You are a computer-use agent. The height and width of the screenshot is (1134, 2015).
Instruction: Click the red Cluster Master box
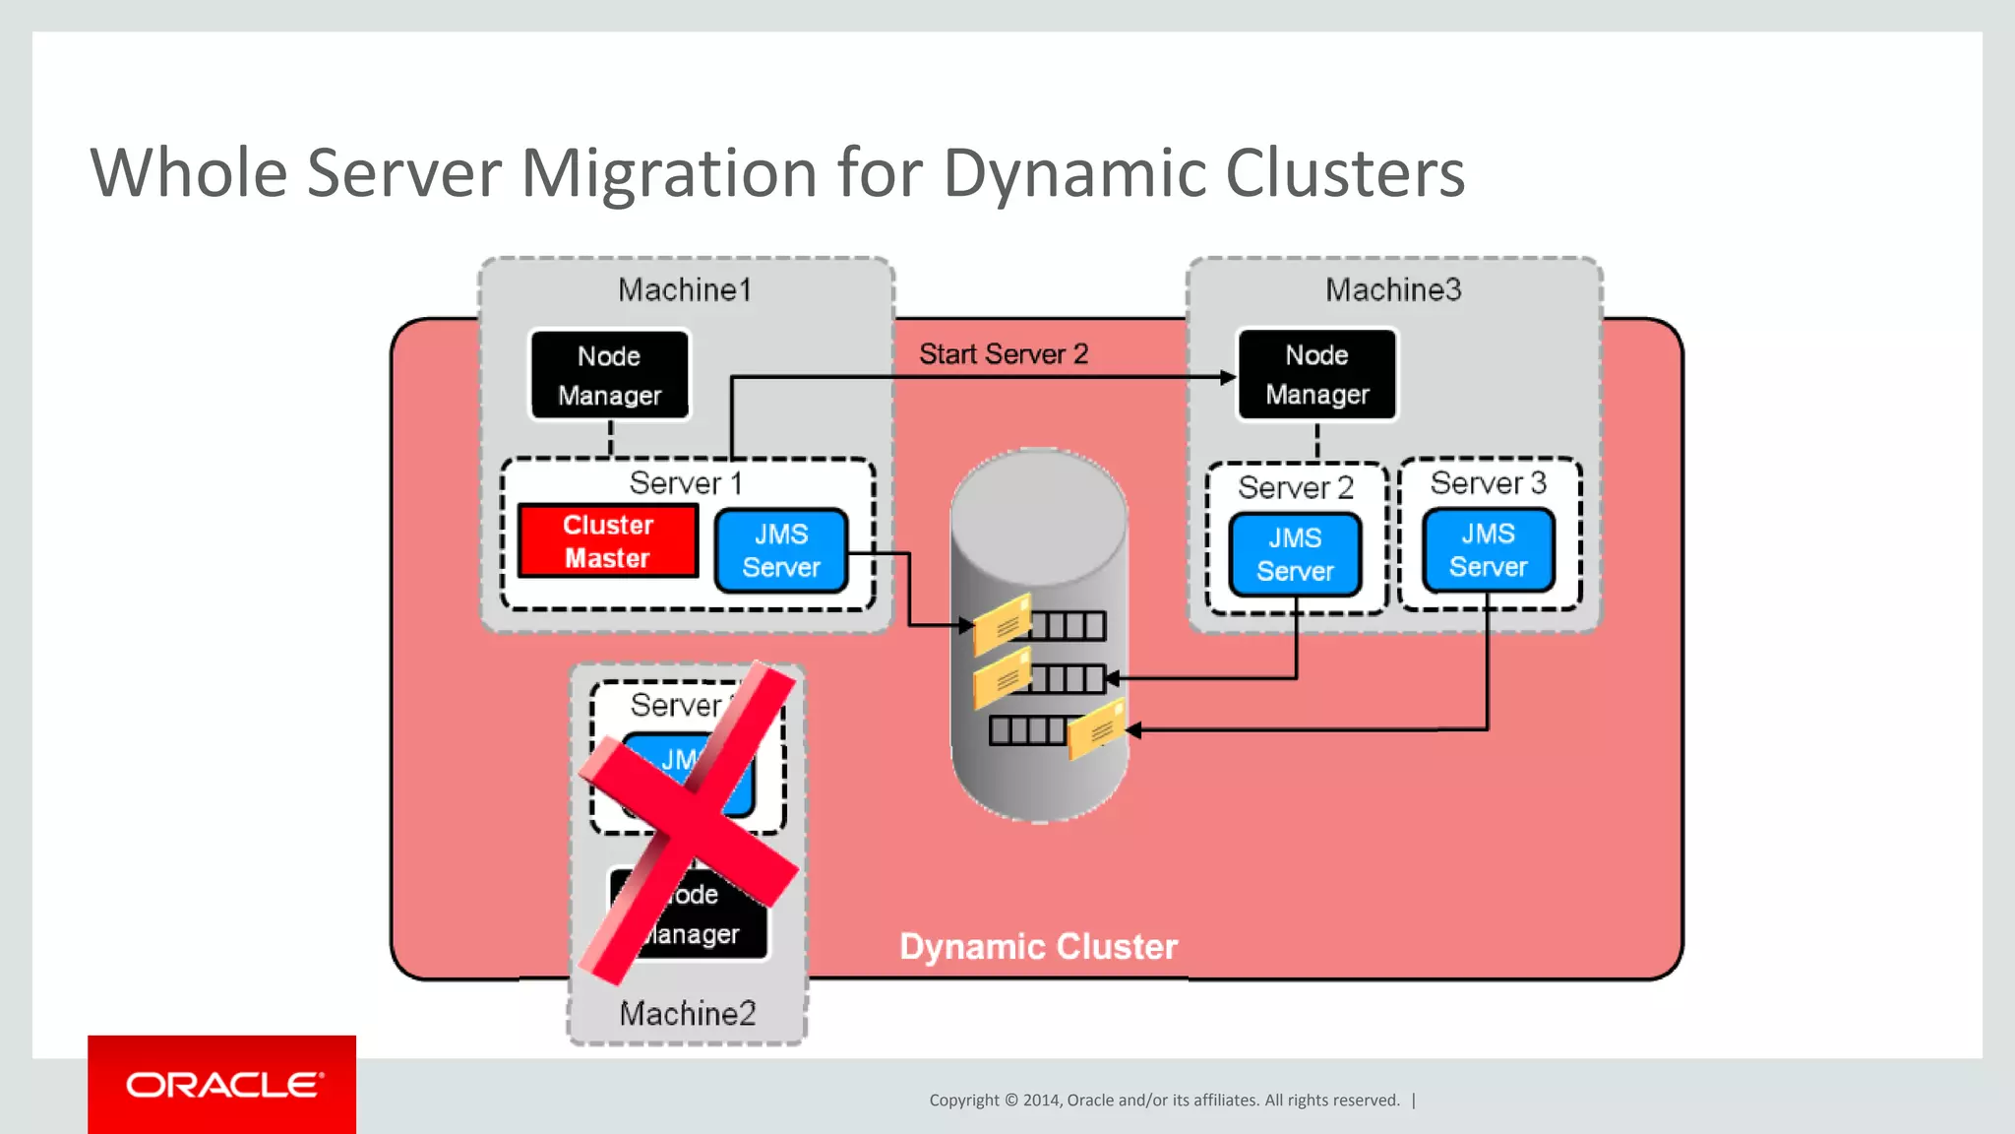coord(608,541)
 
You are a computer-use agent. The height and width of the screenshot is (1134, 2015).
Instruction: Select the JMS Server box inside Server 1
coord(781,551)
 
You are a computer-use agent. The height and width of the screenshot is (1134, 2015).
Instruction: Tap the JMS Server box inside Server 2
coord(1295,555)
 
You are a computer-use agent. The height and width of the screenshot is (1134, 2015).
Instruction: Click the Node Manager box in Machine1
coord(610,376)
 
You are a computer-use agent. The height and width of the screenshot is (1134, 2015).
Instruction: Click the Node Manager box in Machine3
coord(1316,375)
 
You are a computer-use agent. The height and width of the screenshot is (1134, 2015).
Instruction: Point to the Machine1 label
coord(685,290)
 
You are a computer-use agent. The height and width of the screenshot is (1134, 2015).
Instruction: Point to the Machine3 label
coord(1393,290)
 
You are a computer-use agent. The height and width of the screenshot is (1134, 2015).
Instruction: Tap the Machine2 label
coord(688,1014)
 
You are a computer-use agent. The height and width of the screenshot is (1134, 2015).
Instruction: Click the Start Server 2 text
coord(1004,354)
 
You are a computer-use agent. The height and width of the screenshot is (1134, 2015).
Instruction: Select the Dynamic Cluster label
coord(1038,947)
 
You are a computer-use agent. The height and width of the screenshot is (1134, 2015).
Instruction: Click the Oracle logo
coord(222,1085)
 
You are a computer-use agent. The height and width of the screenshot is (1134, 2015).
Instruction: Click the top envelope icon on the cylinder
coord(1002,624)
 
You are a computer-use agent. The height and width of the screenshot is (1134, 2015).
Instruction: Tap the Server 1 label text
coord(686,483)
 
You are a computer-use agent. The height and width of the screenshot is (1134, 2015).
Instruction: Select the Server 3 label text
coord(1488,483)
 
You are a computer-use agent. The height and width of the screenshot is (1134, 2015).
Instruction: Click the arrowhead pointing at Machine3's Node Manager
coord(1227,377)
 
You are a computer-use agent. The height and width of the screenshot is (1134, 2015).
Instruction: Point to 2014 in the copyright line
coord(1042,1101)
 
